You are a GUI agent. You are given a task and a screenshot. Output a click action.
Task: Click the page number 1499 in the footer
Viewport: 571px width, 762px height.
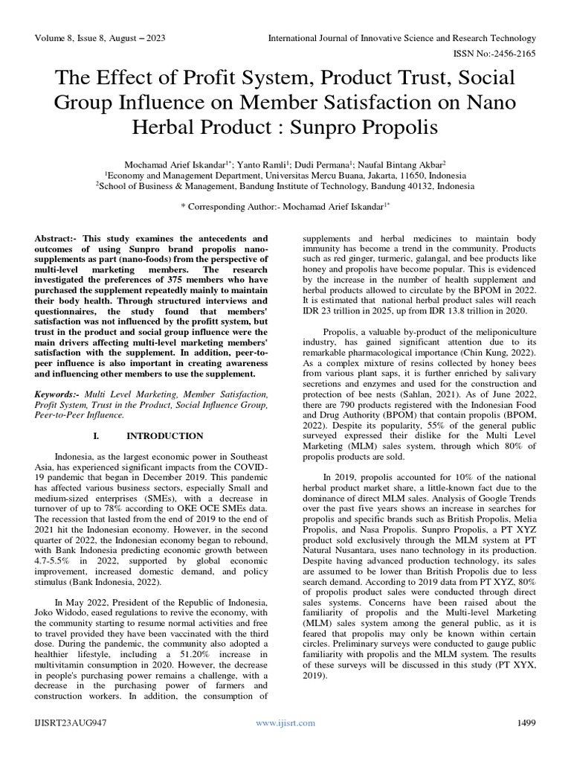pos(525,723)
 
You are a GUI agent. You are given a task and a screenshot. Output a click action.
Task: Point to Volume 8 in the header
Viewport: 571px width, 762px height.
pos(59,38)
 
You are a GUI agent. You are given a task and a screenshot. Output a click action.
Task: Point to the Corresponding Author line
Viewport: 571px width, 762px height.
pos(285,202)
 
